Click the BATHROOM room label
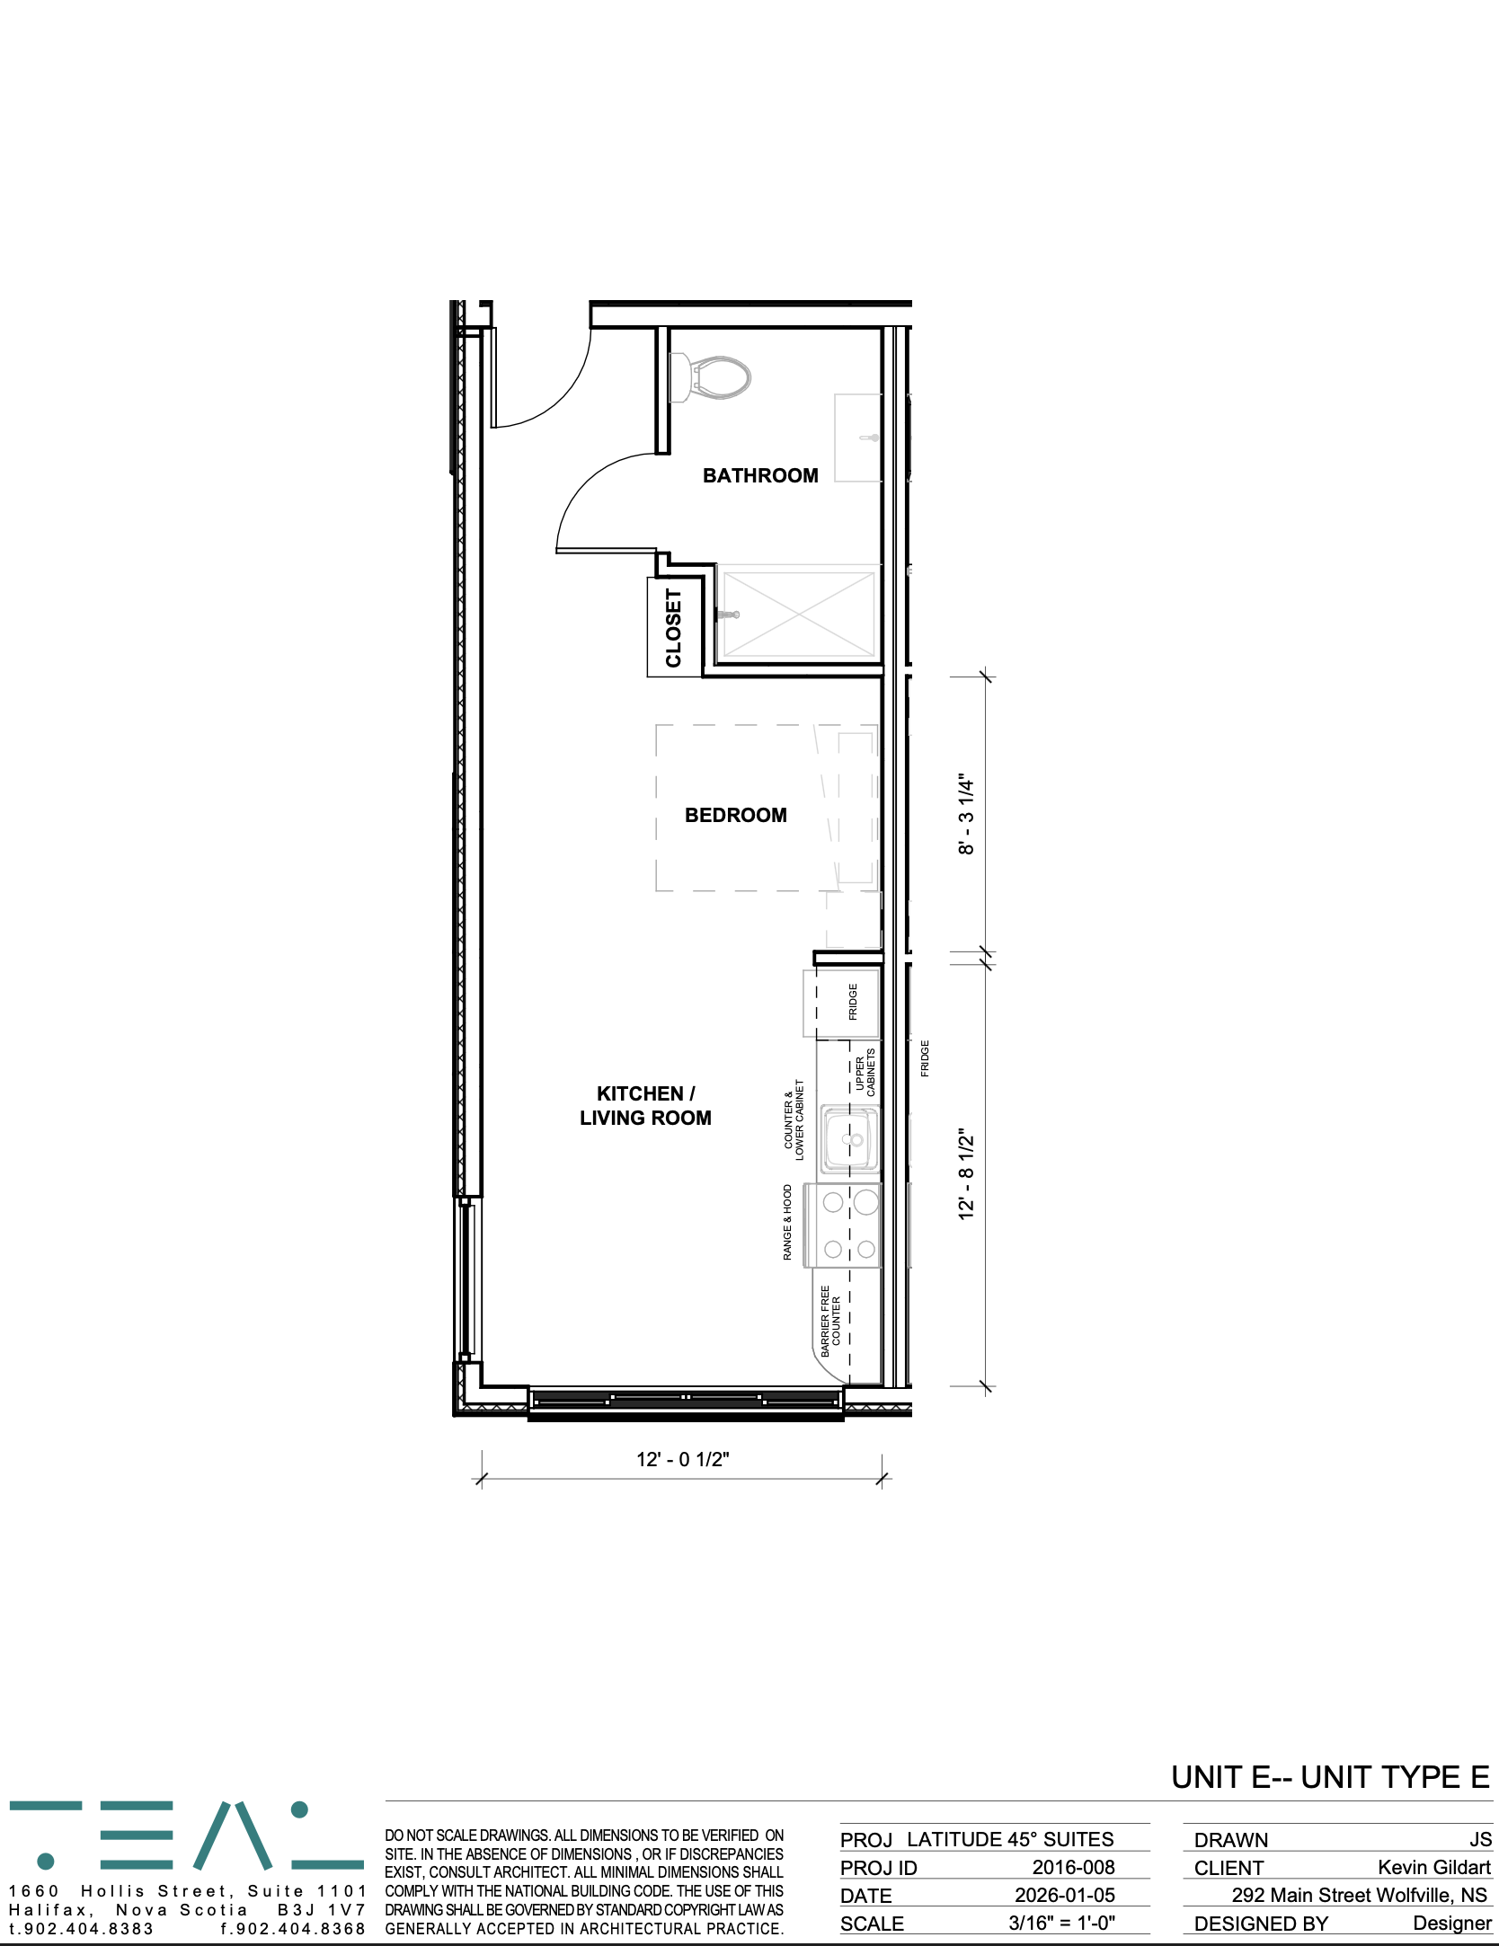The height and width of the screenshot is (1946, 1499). click(760, 475)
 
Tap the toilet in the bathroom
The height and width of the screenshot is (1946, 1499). click(710, 377)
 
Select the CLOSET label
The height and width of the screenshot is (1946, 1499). click(673, 628)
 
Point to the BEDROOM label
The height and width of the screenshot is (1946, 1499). click(735, 815)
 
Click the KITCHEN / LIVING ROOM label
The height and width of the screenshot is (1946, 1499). click(645, 1106)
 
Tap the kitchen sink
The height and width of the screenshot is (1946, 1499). click(848, 1140)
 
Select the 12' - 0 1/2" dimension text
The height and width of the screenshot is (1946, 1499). click(682, 1459)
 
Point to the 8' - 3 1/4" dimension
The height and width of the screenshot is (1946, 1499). click(966, 814)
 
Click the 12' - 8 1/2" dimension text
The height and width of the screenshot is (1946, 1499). click(966, 1174)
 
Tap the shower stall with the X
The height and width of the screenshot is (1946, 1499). click(798, 615)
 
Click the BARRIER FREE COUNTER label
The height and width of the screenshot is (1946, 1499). click(830, 1321)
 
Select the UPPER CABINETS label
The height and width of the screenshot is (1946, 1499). click(865, 1073)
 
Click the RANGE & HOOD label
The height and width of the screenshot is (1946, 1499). click(787, 1222)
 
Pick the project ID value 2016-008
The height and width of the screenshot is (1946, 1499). click(1073, 1867)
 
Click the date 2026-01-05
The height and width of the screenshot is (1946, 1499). click(1065, 1895)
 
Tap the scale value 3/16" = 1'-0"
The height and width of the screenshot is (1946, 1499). click(1061, 1923)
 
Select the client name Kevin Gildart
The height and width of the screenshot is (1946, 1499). click(1434, 1867)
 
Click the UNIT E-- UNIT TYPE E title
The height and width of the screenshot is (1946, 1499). click(1331, 1777)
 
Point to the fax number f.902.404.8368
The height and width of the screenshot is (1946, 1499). click(293, 1928)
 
